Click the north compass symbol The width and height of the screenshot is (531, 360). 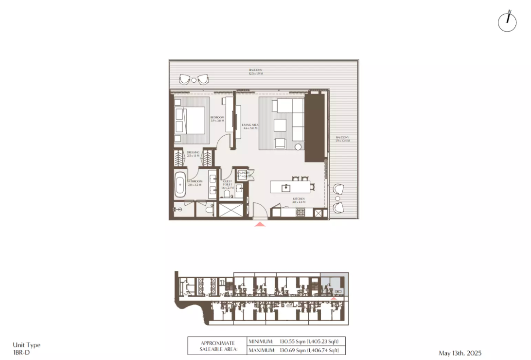[507, 22]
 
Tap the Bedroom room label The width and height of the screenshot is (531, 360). [217, 119]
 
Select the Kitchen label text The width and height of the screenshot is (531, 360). [299, 200]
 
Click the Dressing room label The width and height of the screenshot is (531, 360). [193, 154]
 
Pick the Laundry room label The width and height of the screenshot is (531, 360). [243, 174]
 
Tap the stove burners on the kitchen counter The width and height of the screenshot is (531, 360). [301, 212]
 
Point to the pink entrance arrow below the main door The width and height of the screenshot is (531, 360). [260, 224]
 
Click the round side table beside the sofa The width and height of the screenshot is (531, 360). [299, 147]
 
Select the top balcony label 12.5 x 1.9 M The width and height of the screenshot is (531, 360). [255, 72]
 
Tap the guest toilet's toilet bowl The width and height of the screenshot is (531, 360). [227, 194]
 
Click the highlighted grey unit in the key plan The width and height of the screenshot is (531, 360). [334, 284]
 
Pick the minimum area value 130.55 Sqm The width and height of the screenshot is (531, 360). [293, 342]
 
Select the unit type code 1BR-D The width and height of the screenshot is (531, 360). [21, 353]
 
